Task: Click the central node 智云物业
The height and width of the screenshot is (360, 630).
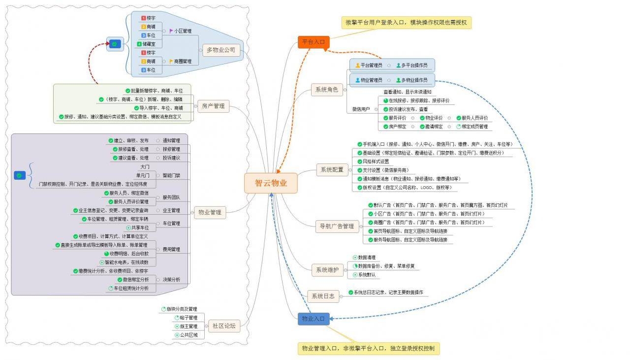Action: pos(270,183)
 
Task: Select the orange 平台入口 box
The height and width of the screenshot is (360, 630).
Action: pos(313,42)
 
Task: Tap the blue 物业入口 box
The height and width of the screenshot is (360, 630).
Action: pos(313,319)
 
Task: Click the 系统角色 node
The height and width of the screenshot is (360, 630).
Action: pos(327,90)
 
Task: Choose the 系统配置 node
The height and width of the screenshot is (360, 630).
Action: pos(332,170)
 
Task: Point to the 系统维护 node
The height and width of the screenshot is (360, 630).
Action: pos(327,270)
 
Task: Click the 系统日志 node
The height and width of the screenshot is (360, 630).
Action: pos(323,296)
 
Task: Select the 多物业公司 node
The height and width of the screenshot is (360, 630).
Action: pos(221,50)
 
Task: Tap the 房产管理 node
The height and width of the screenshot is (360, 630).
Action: pos(213,106)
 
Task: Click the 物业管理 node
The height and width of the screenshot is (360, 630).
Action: pos(209,213)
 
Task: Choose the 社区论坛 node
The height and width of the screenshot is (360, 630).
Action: pos(223,326)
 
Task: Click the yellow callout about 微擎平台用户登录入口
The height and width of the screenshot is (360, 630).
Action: pos(406,23)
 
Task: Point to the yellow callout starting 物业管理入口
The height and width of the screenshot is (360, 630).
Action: pos(368,349)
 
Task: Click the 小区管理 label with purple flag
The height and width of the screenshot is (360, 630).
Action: pos(181,31)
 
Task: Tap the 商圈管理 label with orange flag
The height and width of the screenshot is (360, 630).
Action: pos(181,62)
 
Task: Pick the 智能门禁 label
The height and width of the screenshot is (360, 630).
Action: pos(171,175)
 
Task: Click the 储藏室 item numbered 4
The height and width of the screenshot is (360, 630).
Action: pos(147,44)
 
